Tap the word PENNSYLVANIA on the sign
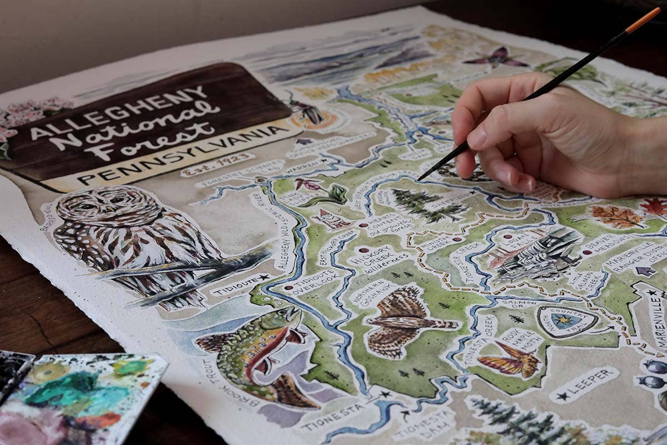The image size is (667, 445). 183,155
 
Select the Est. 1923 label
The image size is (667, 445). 210,165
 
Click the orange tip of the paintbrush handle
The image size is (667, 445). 642,20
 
